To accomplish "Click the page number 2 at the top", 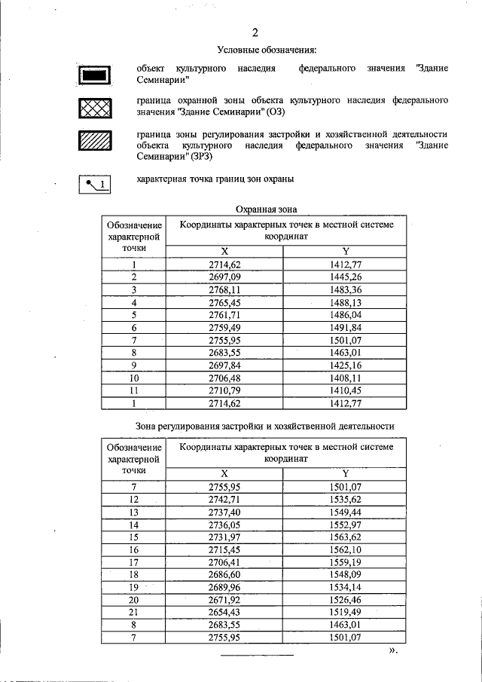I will [255, 32].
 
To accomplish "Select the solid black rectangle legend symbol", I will [95, 75].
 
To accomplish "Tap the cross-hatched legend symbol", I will [95, 109].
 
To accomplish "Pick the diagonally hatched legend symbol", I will [95, 142].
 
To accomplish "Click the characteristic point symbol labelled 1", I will [95, 182].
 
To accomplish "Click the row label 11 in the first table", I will [134, 391].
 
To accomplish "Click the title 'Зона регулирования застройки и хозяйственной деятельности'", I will [264, 426].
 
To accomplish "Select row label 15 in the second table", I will [134, 536].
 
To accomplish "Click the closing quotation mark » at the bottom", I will [392, 650].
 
